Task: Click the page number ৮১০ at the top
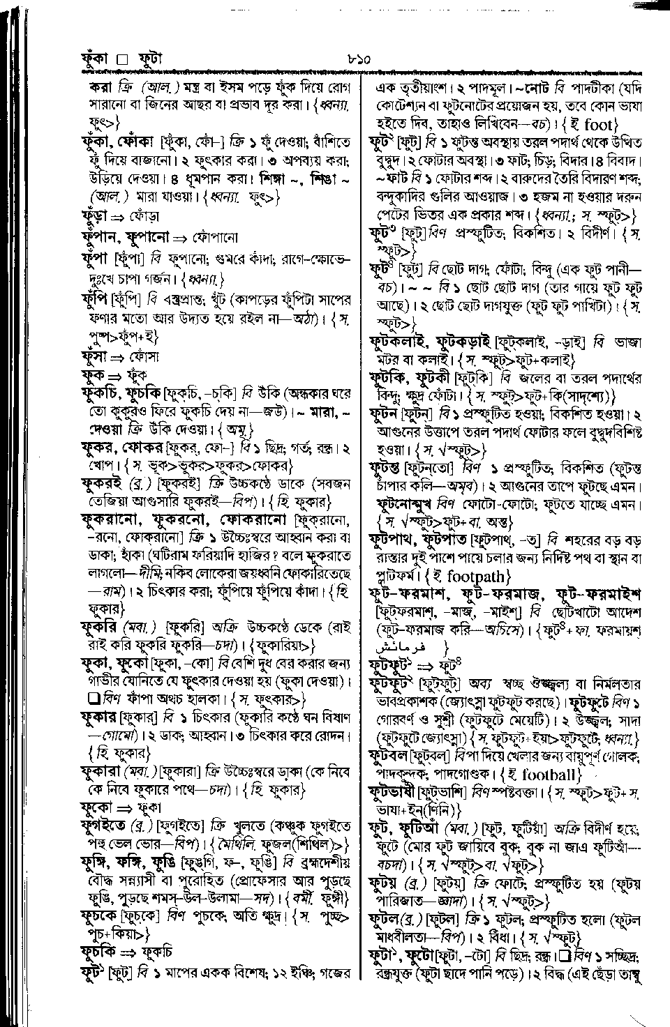(357, 60)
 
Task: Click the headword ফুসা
(94, 356)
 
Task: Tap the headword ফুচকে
(100, 916)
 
